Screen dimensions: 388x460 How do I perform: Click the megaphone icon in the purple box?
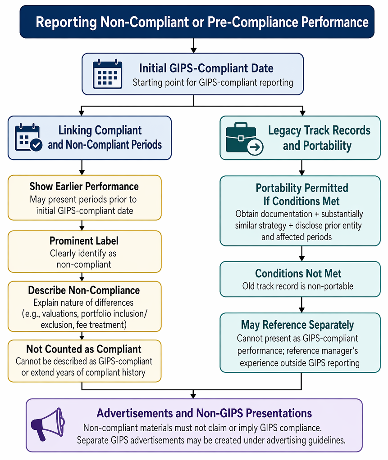click(x=48, y=424)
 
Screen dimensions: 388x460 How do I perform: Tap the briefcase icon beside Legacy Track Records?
click(x=244, y=138)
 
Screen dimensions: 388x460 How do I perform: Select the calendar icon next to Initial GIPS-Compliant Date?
click(x=107, y=74)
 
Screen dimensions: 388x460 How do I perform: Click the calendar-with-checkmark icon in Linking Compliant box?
click(x=28, y=137)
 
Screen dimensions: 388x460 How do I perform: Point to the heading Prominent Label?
click(x=84, y=241)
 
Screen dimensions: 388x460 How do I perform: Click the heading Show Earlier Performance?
click(x=84, y=186)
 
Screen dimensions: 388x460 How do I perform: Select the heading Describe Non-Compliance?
click(x=84, y=290)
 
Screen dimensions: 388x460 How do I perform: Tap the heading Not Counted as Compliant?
click(x=84, y=349)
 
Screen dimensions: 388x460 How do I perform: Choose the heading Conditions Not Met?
click(x=298, y=273)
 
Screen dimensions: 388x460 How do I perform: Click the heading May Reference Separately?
click(x=297, y=325)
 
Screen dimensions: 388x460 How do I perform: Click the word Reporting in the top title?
click(x=66, y=22)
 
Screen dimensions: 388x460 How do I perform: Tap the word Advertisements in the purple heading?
click(x=135, y=413)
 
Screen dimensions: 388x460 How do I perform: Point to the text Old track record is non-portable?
click(x=298, y=286)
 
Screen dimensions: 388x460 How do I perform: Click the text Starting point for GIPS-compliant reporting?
click(x=213, y=82)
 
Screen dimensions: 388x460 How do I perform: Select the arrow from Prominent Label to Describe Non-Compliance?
click(x=82, y=277)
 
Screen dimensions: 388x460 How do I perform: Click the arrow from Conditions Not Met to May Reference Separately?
click(x=301, y=305)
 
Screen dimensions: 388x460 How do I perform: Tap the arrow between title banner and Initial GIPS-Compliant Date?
click(x=193, y=45)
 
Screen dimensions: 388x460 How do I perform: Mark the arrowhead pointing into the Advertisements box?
click(x=193, y=396)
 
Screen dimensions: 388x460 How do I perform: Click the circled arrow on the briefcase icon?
click(x=255, y=147)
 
